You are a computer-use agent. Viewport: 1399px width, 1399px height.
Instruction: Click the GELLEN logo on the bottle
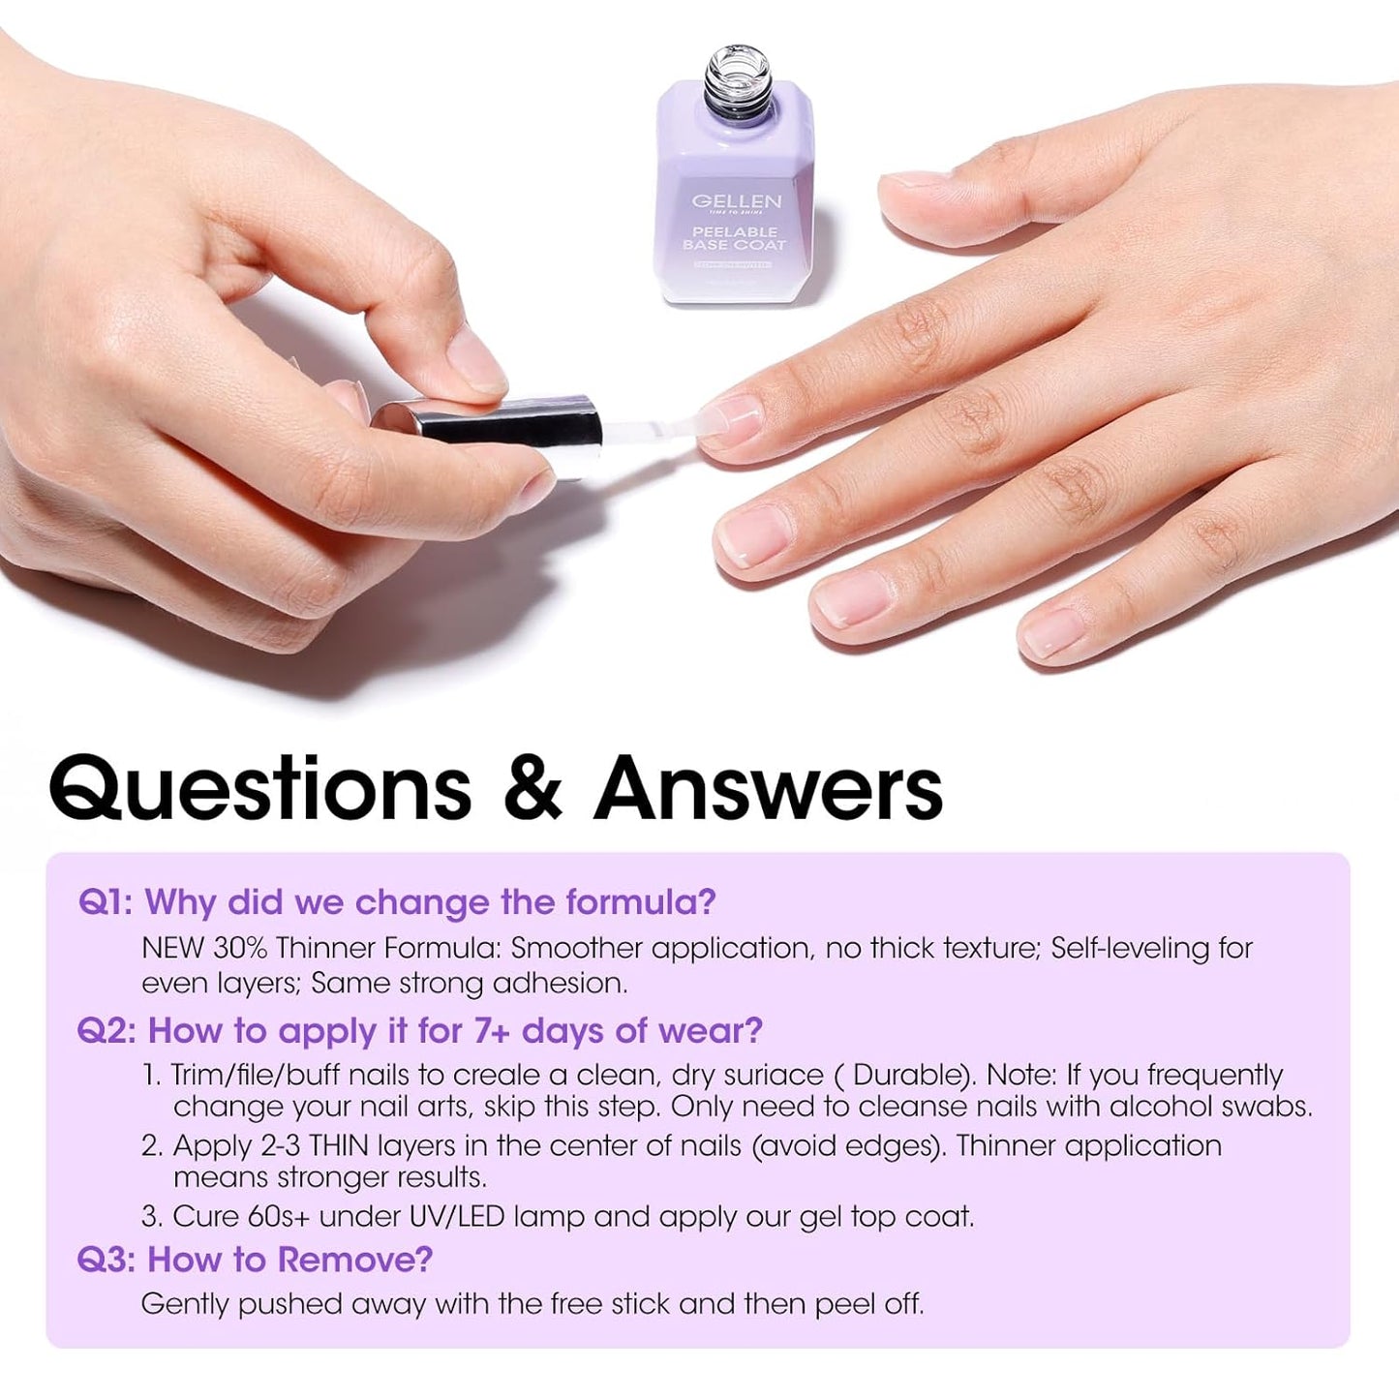[x=736, y=201]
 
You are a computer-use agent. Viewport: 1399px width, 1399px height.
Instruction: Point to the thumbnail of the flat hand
[x=914, y=181]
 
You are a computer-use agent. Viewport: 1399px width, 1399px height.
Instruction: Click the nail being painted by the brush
[x=732, y=418]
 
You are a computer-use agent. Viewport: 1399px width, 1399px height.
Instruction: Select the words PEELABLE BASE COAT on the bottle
[x=735, y=238]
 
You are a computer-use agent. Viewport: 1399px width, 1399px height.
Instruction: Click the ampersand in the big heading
[x=533, y=787]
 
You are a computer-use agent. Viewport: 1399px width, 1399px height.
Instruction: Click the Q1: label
[x=106, y=902]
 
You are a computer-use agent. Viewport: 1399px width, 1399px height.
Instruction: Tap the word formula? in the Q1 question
[x=641, y=902]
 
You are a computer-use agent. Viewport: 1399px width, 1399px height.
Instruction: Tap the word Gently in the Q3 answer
[x=185, y=1304]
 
